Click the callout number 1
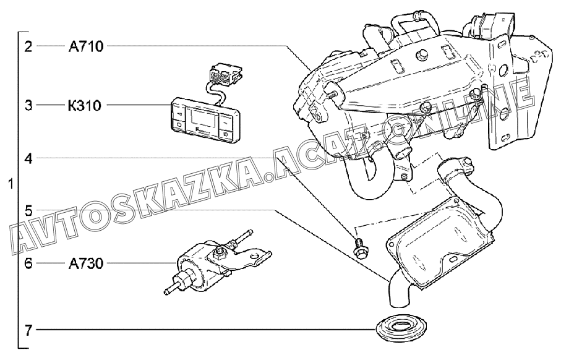11,184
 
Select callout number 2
28,46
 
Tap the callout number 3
28,105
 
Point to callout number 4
28,158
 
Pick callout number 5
28,210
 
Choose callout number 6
28,264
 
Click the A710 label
85,46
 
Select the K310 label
85,105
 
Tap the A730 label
85,264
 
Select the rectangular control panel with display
203,118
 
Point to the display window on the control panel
203,117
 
